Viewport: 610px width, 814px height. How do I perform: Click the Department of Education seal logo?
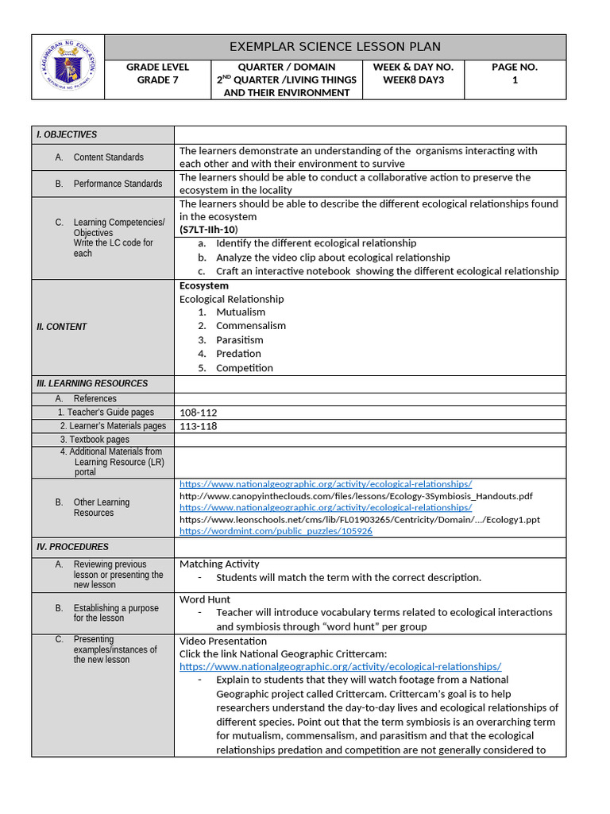tap(68, 67)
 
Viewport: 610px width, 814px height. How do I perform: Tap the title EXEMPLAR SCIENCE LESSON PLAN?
tap(334, 47)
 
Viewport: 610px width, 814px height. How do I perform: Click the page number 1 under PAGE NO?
tap(515, 79)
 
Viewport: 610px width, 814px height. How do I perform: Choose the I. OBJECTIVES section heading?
tap(67, 135)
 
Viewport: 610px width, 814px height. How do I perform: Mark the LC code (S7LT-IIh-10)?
tap(208, 230)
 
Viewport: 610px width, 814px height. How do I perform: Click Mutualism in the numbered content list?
tap(241, 312)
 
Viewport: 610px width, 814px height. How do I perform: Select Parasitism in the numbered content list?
tap(240, 340)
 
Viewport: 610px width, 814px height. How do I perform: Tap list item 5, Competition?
tap(244, 368)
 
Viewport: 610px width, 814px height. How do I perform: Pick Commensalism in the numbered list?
tap(250, 326)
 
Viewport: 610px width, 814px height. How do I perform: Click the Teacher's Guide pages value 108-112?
tap(198, 413)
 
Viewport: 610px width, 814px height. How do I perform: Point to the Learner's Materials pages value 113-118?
tap(198, 426)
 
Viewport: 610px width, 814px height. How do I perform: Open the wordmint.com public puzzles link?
tap(276, 531)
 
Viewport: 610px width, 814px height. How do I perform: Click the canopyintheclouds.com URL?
tap(356, 496)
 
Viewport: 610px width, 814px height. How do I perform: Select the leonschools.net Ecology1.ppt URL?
tap(359, 519)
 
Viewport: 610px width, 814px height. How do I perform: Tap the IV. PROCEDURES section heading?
tap(72, 547)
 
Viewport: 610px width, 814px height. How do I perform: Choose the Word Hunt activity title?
tap(205, 599)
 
